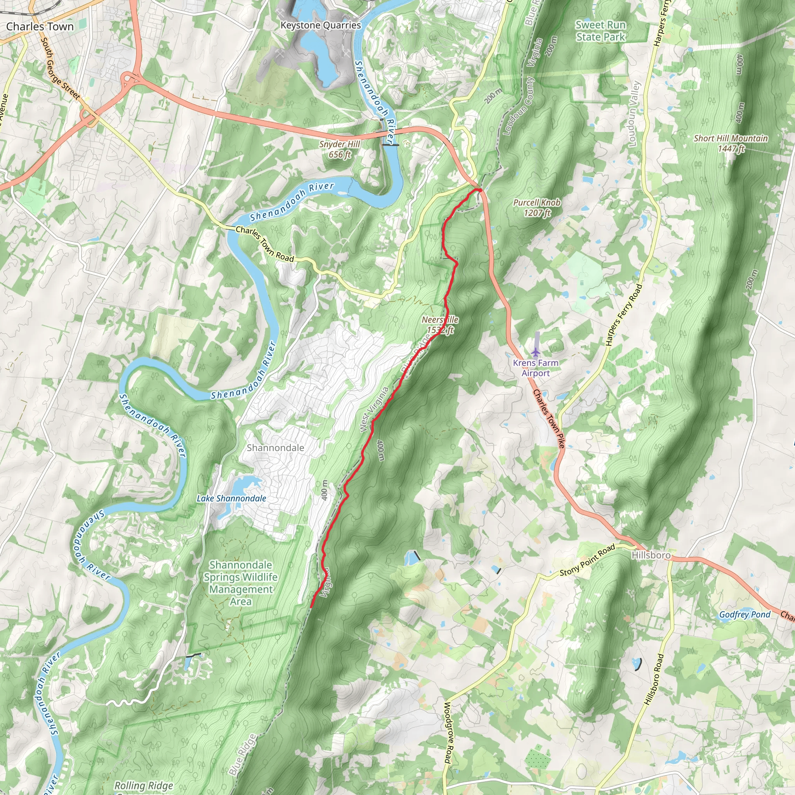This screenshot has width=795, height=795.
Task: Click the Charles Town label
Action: click(40, 27)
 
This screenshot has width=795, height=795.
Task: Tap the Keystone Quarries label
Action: click(321, 26)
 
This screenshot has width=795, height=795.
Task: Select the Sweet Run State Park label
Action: click(601, 31)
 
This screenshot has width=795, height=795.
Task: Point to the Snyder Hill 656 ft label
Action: click(340, 149)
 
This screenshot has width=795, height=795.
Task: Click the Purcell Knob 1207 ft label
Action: click(536, 207)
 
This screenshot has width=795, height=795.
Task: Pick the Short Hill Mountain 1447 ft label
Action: click(731, 143)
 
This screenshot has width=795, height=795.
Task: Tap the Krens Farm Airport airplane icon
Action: click(535, 352)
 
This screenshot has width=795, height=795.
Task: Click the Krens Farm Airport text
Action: click(536, 368)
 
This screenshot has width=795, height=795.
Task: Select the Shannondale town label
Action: click(275, 448)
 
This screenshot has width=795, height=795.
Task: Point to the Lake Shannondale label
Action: click(231, 498)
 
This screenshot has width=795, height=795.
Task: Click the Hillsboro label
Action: click(651, 555)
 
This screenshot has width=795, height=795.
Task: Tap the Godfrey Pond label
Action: click(745, 615)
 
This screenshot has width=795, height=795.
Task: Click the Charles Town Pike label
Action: click(549, 418)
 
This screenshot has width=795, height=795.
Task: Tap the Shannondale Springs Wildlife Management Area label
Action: click(241, 583)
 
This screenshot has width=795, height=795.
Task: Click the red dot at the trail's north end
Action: click(479, 190)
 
